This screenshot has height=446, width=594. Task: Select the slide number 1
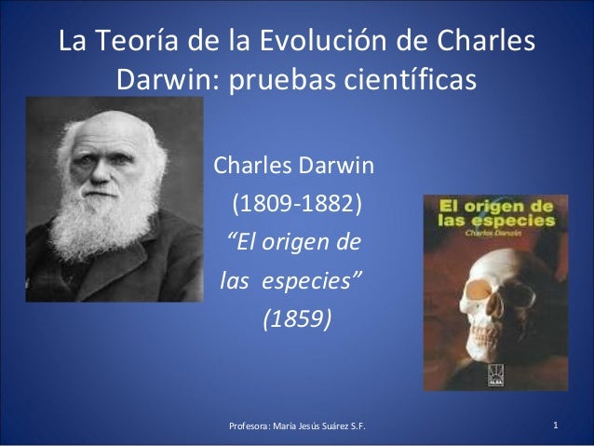(555, 426)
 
